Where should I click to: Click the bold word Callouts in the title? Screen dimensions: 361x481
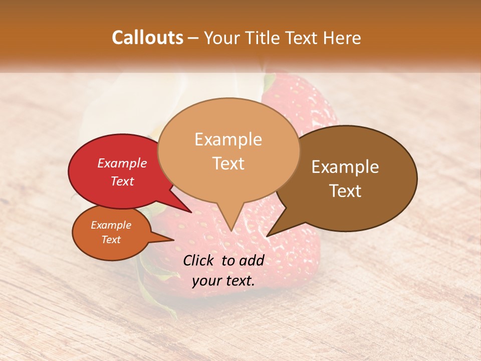coord(147,38)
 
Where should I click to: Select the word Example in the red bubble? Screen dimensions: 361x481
coord(122,163)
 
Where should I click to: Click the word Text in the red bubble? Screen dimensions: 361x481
coord(122,181)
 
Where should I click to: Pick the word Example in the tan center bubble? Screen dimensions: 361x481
coord(228,139)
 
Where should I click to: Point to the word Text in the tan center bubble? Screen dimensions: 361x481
coord(228,163)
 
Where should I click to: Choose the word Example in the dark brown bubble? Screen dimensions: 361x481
coord(345,167)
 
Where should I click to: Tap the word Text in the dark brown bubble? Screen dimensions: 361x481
coord(345,191)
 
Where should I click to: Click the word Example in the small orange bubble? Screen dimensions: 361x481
coord(111,225)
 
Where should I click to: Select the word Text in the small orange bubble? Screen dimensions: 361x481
coord(111,240)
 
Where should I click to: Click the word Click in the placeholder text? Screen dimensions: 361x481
coord(199,260)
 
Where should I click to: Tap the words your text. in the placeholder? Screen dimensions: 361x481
coord(223,281)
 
